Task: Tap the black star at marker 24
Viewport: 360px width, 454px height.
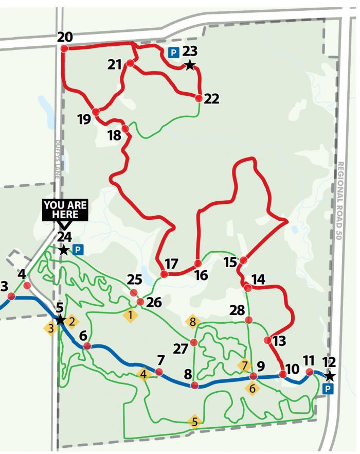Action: click(63, 251)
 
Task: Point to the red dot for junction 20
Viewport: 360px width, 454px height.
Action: click(64, 48)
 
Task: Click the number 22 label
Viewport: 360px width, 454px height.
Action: click(211, 99)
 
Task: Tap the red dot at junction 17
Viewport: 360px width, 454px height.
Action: click(164, 274)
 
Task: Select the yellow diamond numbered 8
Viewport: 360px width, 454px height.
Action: click(193, 322)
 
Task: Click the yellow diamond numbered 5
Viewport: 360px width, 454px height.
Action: click(194, 422)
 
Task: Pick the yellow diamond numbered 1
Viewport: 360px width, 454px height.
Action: click(131, 315)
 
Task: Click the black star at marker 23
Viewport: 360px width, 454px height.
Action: click(190, 65)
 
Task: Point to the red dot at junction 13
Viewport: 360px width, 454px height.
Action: click(267, 340)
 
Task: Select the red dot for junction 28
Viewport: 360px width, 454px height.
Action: click(249, 320)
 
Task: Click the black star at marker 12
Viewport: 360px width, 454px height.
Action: click(330, 376)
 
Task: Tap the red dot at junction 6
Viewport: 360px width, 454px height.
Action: click(87, 346)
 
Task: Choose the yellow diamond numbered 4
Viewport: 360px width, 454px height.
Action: click(144, 374)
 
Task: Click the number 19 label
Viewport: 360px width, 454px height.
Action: click(84, 120)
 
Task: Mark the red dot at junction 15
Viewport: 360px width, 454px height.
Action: click(244, 261)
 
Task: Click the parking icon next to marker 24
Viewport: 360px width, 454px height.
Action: click(78, 250)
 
